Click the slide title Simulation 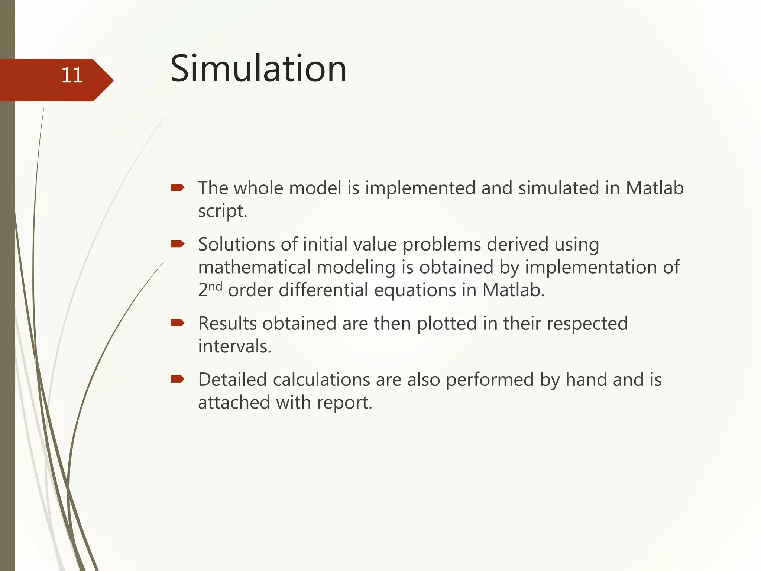point(258,69)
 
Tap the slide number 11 point(72,75)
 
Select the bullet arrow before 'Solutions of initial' point(178,244)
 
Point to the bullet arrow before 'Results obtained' point(178,323)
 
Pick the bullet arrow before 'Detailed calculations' point(178,379)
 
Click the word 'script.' point(222,212)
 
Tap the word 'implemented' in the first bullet point(420,188)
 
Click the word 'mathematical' point(254,267)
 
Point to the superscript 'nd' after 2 point(215,286)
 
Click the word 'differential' point(323,290)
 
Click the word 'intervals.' point(234,346)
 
